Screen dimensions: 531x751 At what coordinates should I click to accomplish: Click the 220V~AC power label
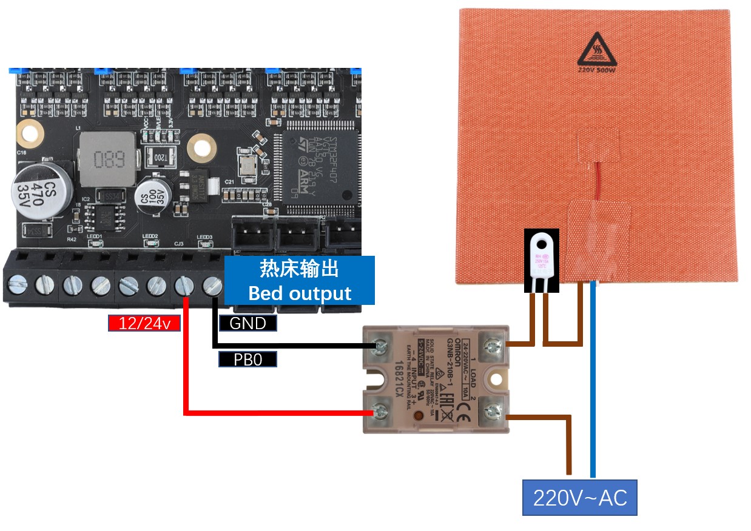click(579, 498)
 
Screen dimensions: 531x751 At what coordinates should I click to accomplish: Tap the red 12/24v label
click(144, 323)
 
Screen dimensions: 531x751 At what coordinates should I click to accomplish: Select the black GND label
click(248, 323)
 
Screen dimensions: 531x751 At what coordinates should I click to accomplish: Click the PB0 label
click(248, 359)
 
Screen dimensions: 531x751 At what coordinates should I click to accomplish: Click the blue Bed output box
click(300, 280)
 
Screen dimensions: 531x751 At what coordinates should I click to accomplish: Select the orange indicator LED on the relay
click(419, 416)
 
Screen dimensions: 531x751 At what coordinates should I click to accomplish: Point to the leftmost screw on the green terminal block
click(19, 283)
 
